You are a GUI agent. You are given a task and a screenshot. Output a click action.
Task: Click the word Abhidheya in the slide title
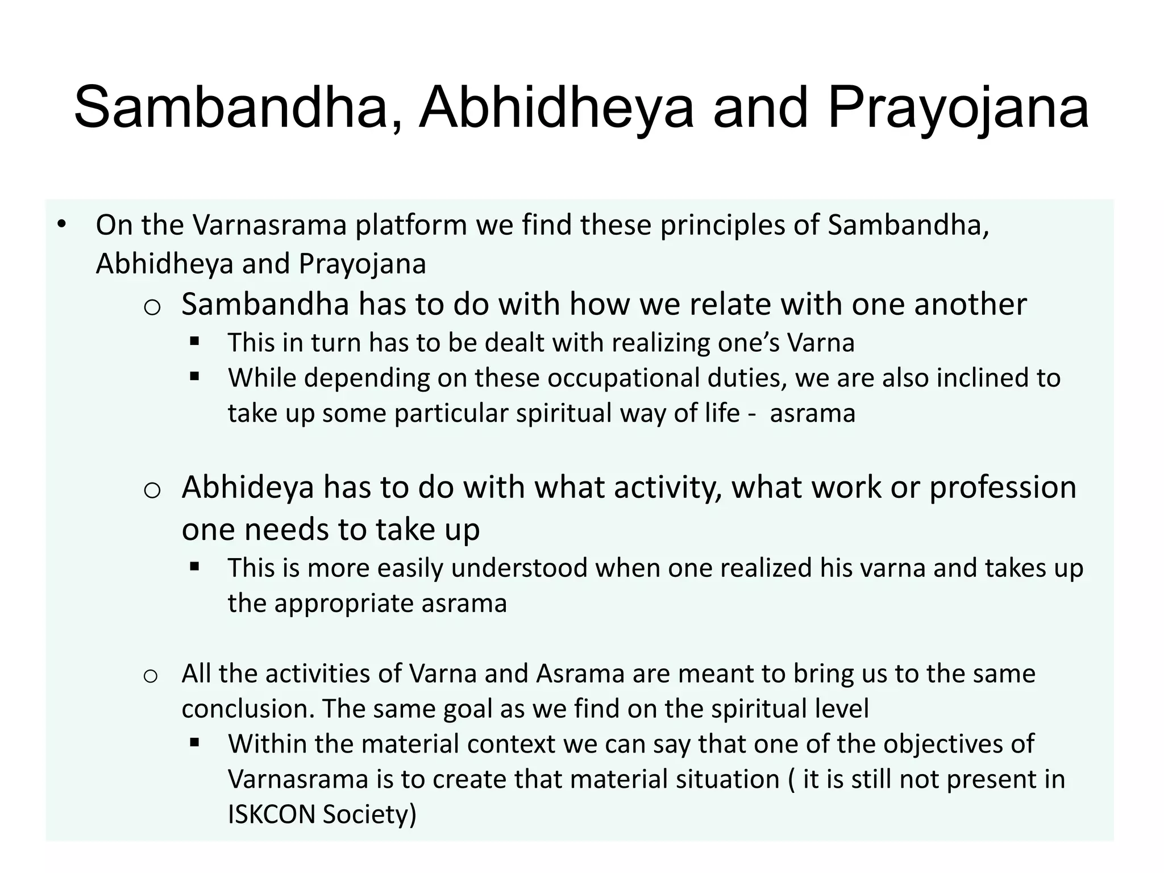click(x=556, y=108)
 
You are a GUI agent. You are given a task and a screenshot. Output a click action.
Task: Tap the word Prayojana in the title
click(x=958, y=108)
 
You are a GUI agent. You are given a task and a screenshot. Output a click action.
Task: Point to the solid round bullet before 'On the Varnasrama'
click(x=61, y=224)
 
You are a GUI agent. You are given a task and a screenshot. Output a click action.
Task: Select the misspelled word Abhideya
click(x=248, y=487)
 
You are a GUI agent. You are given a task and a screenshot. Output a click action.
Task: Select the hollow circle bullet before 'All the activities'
click(x=150, y=676)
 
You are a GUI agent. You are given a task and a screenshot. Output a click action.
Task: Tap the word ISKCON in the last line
click(x=271, y=814)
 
